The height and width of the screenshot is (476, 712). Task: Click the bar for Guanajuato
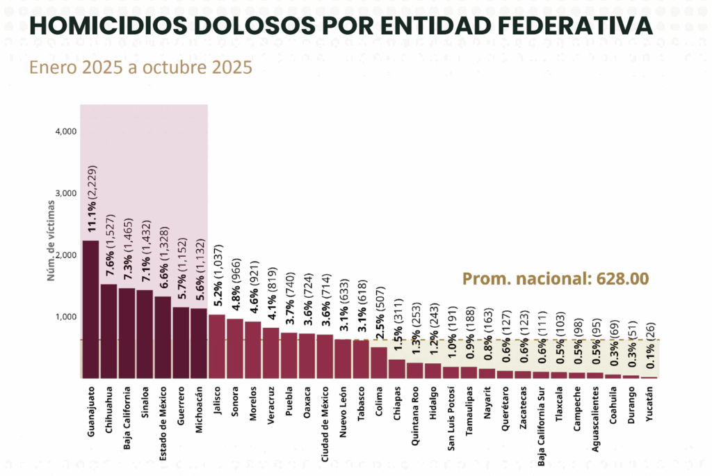(x=90, y=309)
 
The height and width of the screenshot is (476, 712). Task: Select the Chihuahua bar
(x=108, y=331)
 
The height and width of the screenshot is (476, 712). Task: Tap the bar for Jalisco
(x=217, y=347)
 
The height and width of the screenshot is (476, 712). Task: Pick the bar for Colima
(x=379, y=363)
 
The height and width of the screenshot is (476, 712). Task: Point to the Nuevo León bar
(x=343, y=359)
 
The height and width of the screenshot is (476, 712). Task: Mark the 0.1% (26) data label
(x=649, y=342)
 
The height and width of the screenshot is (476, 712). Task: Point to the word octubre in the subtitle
(x=171, y=69)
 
